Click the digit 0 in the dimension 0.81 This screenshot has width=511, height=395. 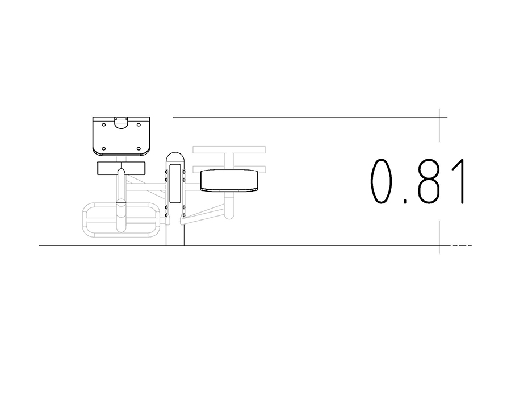point(380,181)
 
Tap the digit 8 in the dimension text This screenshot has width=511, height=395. point(428,181)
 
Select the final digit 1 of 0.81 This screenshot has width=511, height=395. point(459,181)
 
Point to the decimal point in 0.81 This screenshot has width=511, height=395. point(405,201)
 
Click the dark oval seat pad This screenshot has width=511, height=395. point(229,180)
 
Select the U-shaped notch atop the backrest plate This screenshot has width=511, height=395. point(122,123)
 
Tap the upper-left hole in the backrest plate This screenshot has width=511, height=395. point(104,124)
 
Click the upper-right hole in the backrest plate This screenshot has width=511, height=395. point(139,124)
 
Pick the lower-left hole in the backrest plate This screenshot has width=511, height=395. point(104,149)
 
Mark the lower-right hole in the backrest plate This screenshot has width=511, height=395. point(139,149)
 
